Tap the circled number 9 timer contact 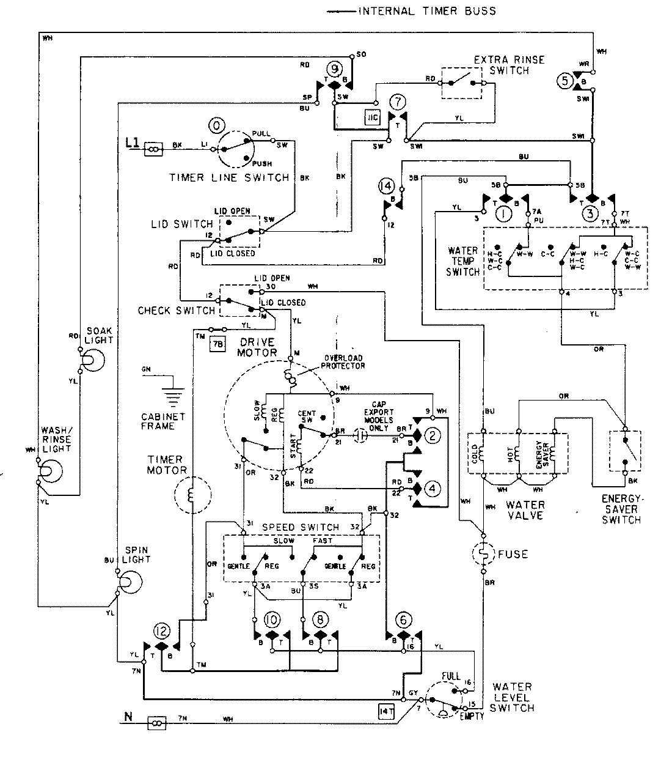click(335, 68)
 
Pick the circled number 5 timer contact click(564, 79)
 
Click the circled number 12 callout click(161, 632)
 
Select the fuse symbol click(483, 555)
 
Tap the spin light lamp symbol click(126, 582)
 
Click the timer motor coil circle click(192, 495)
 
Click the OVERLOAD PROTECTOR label click(342, 362)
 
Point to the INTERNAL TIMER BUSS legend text click(426, 11)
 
